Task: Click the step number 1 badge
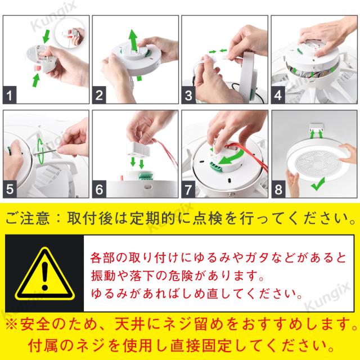[10, 95]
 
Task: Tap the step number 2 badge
[99, 95]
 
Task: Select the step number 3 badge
[188, 95]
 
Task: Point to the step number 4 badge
[278, 95]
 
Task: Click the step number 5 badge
[10, 189]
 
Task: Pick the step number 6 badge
[99, 189]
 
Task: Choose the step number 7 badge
[188, 189]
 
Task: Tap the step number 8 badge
[278, 189]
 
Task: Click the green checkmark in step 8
[318, 184]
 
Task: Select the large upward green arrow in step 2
[133, 39]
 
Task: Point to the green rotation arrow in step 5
[40, 151]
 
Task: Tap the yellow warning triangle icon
[45, 274]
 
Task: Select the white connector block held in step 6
[138, 148]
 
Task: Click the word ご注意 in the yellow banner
[27, 218]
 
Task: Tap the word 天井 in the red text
[130, 325]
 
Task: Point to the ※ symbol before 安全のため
[11, 325]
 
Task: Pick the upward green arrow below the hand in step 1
[36, 80]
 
